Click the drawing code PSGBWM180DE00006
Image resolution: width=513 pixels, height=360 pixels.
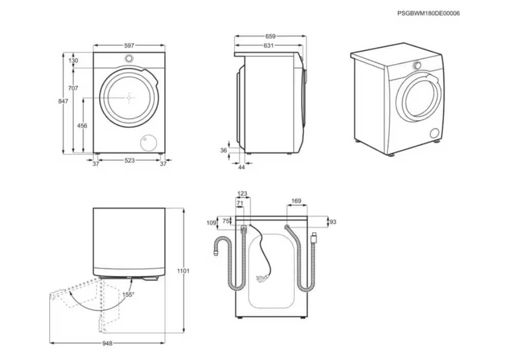(x=428, y=13)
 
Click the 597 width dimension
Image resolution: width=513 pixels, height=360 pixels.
(x=129, y=46)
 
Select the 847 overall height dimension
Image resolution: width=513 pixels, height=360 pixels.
(x=63, y=101)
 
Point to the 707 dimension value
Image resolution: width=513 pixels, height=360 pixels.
(x=73, y=88)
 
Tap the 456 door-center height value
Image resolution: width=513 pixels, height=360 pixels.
(x=82, y=126)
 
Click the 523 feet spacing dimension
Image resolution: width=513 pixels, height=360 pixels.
(x=129, y=160)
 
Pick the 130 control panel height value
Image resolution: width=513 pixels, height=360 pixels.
(x=73, y=61)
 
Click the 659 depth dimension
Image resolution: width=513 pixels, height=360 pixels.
(x=270, y=36)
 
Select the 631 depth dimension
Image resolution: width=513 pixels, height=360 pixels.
(x=268, y=46)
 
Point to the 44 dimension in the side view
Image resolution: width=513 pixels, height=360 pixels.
(x=241, y=167)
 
